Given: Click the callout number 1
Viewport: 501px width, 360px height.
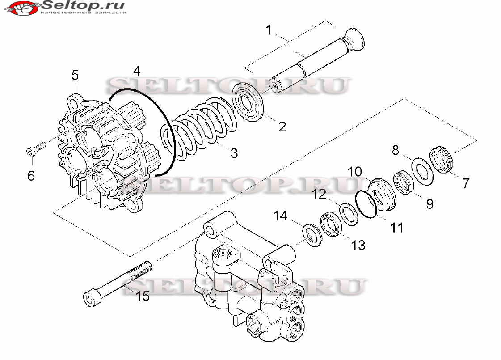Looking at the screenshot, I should tap(268, 30).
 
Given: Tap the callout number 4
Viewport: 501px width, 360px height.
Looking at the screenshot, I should tap(137, 70).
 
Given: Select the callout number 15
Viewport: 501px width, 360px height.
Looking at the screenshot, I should tap(143, 296).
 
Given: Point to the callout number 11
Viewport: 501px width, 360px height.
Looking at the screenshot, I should tap(396, 227).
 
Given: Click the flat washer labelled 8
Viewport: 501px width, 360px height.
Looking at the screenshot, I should tap(421, 170).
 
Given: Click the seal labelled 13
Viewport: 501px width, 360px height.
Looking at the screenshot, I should tap(332, 224).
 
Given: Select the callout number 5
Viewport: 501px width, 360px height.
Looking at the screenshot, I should tap(75, 74).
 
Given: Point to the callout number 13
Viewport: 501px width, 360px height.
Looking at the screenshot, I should tap(358, 245).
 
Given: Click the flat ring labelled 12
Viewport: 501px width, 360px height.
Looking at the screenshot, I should tap(348, 213).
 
